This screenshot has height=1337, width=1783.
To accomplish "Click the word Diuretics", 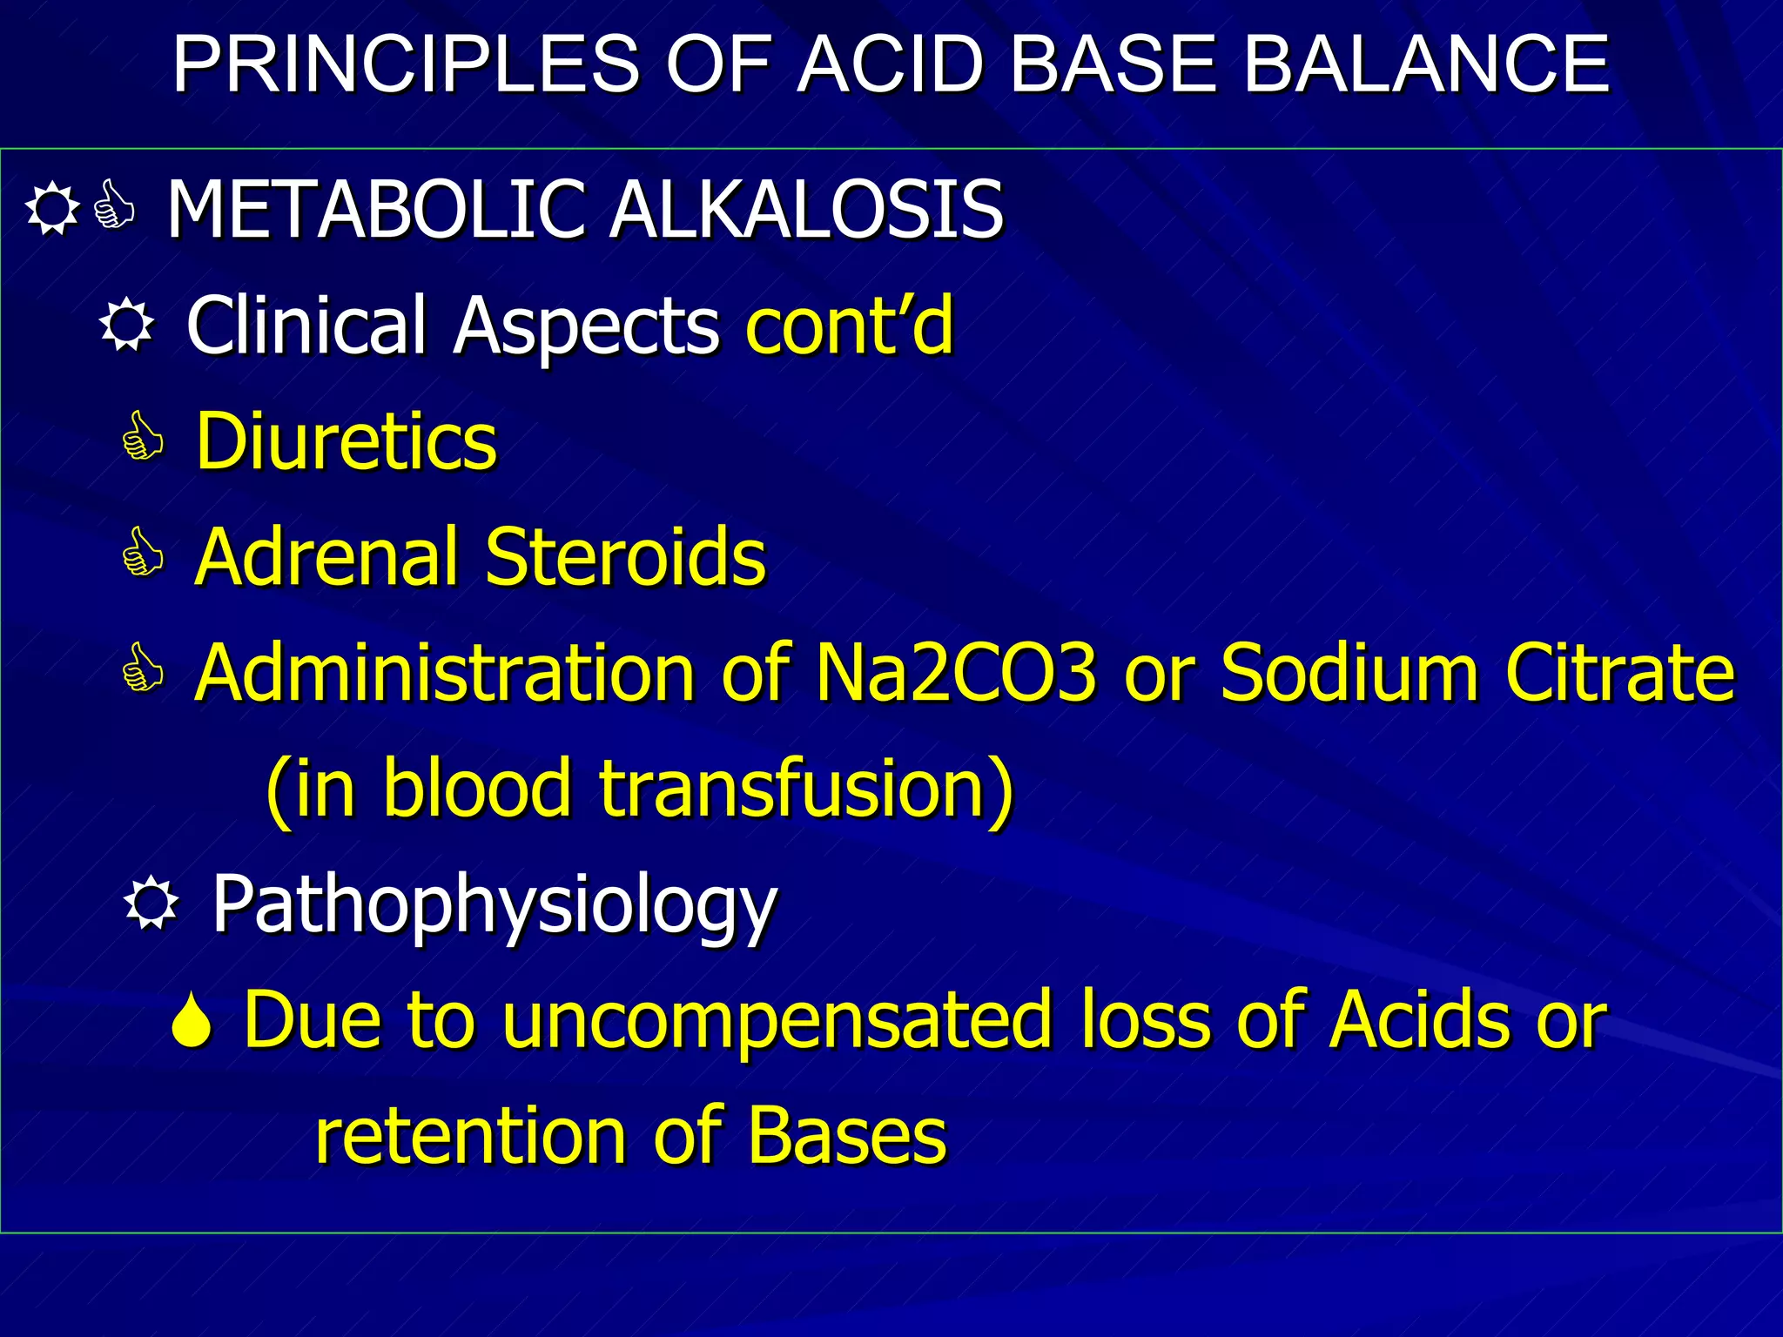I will coord(347,441).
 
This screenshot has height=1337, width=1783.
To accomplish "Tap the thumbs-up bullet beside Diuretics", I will coord(143,437).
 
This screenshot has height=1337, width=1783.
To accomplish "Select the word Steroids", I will coord(625,557).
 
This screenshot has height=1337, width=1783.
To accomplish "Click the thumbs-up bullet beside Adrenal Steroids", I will coord(143,553).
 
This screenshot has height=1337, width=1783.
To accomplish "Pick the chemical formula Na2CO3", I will coord(955,673).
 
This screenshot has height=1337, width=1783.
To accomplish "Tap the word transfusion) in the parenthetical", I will coord(806,788).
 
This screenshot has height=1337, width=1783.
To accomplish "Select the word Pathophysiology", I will coord(495,905).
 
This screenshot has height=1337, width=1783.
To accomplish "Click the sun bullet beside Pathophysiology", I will coord(151,904).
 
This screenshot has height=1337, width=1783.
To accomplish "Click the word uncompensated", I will coord(777,1020).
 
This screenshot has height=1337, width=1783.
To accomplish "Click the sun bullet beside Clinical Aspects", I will coord(127,326).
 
